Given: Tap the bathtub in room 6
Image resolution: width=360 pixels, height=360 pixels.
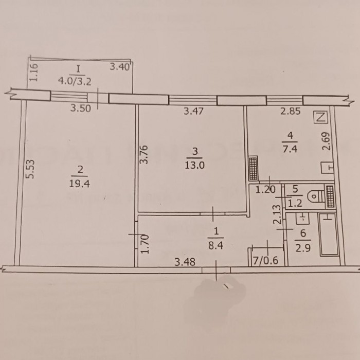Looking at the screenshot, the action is [x=329, y=234].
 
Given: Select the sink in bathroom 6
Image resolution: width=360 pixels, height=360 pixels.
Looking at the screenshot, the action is [x=302, y=219].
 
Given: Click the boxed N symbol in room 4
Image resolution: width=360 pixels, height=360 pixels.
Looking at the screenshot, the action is [x=320, y=117].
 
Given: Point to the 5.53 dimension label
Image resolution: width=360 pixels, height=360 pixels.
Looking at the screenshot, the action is [x=30, y=169].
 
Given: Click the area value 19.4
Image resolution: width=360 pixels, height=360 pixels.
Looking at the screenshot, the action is [x=79, y=184].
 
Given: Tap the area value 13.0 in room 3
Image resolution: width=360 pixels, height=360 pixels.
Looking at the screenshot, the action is [x=194, y=165].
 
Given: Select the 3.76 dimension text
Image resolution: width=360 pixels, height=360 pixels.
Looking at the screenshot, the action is [x=144, y=154].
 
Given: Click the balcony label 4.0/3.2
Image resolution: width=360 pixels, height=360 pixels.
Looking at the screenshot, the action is [x=75, y=81].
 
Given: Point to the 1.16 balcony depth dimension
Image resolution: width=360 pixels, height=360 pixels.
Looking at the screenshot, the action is [x=33, y=73].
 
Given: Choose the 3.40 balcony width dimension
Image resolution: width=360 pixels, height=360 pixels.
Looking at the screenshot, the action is [x=120, y=67].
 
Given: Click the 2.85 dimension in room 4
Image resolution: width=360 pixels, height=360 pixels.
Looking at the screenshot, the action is [x=291, y=111].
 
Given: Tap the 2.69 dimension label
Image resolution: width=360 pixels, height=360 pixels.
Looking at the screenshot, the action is [x=326, y=141].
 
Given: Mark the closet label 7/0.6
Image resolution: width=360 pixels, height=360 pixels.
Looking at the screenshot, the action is [x=265, y=261].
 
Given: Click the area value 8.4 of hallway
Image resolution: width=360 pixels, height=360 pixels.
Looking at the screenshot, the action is [x=216, y=246].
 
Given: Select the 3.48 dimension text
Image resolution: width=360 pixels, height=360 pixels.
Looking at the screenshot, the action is [x=185, y=262].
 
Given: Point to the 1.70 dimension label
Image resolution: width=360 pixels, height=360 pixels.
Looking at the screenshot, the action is [x=145, y=244].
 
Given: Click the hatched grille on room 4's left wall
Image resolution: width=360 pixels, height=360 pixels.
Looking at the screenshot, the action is [x=254, y=168].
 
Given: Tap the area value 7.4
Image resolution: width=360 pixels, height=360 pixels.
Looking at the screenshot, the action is [x=290, y=149].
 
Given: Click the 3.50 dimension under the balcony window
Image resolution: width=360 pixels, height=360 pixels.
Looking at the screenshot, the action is [x=81, y=108].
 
